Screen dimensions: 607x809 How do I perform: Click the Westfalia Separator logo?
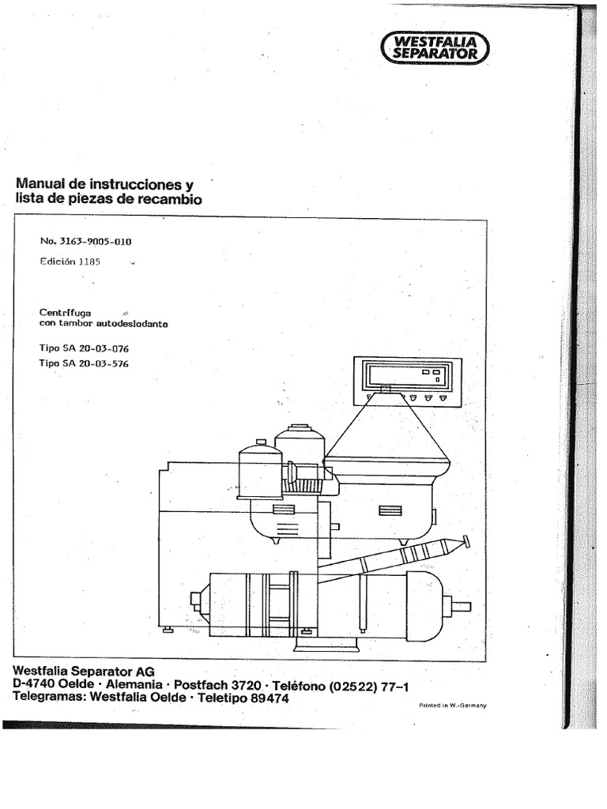point(435,47)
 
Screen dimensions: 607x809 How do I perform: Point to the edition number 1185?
point(89,262)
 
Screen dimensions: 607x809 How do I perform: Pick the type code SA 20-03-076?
point(96,348)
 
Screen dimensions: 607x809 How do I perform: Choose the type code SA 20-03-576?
point(96,363)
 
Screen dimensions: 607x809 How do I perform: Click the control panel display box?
point(407,382)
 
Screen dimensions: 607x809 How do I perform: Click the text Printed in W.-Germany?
point(453,706)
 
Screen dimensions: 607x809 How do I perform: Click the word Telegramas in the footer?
point(50,698)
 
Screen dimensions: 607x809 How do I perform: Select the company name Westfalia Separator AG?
point(84,672)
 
